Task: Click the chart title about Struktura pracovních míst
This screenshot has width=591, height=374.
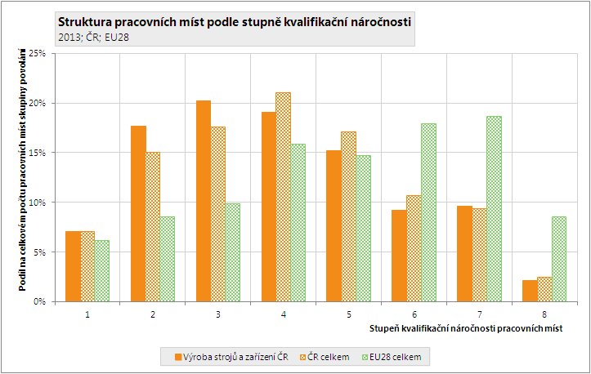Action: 235,21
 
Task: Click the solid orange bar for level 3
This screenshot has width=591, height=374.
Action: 204,201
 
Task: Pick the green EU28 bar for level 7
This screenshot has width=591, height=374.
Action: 493,208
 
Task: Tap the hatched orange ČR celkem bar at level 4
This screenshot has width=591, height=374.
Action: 283,197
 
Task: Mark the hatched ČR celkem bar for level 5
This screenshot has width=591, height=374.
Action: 348,216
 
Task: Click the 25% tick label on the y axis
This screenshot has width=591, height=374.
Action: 36,53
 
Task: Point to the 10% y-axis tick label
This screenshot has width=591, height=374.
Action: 36,202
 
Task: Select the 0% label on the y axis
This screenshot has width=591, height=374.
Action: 38,301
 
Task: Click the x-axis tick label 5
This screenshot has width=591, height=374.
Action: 348,313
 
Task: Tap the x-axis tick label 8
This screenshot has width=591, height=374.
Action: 544,313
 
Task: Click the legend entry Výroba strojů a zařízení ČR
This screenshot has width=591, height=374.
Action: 233,357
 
